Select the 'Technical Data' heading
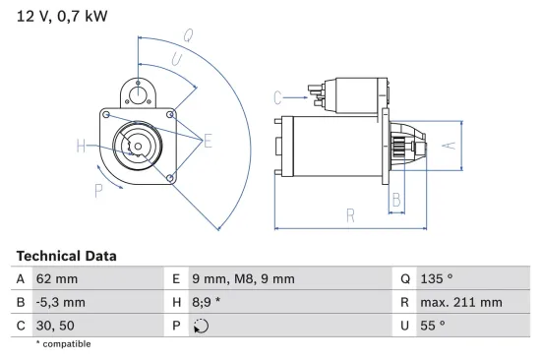pos(66,256)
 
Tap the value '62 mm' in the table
pos(57,278)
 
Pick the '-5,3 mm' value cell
pos(61,302)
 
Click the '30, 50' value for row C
pos(56,326)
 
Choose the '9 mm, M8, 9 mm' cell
pos(241,278)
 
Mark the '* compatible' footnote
pos(63,344)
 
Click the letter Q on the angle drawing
pos(187,35)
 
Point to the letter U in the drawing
pos(176,61)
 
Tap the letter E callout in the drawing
pos(208,142)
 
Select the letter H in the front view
pos(81,148)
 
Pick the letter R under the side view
pos(349,215)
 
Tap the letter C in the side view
pos(278,96)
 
